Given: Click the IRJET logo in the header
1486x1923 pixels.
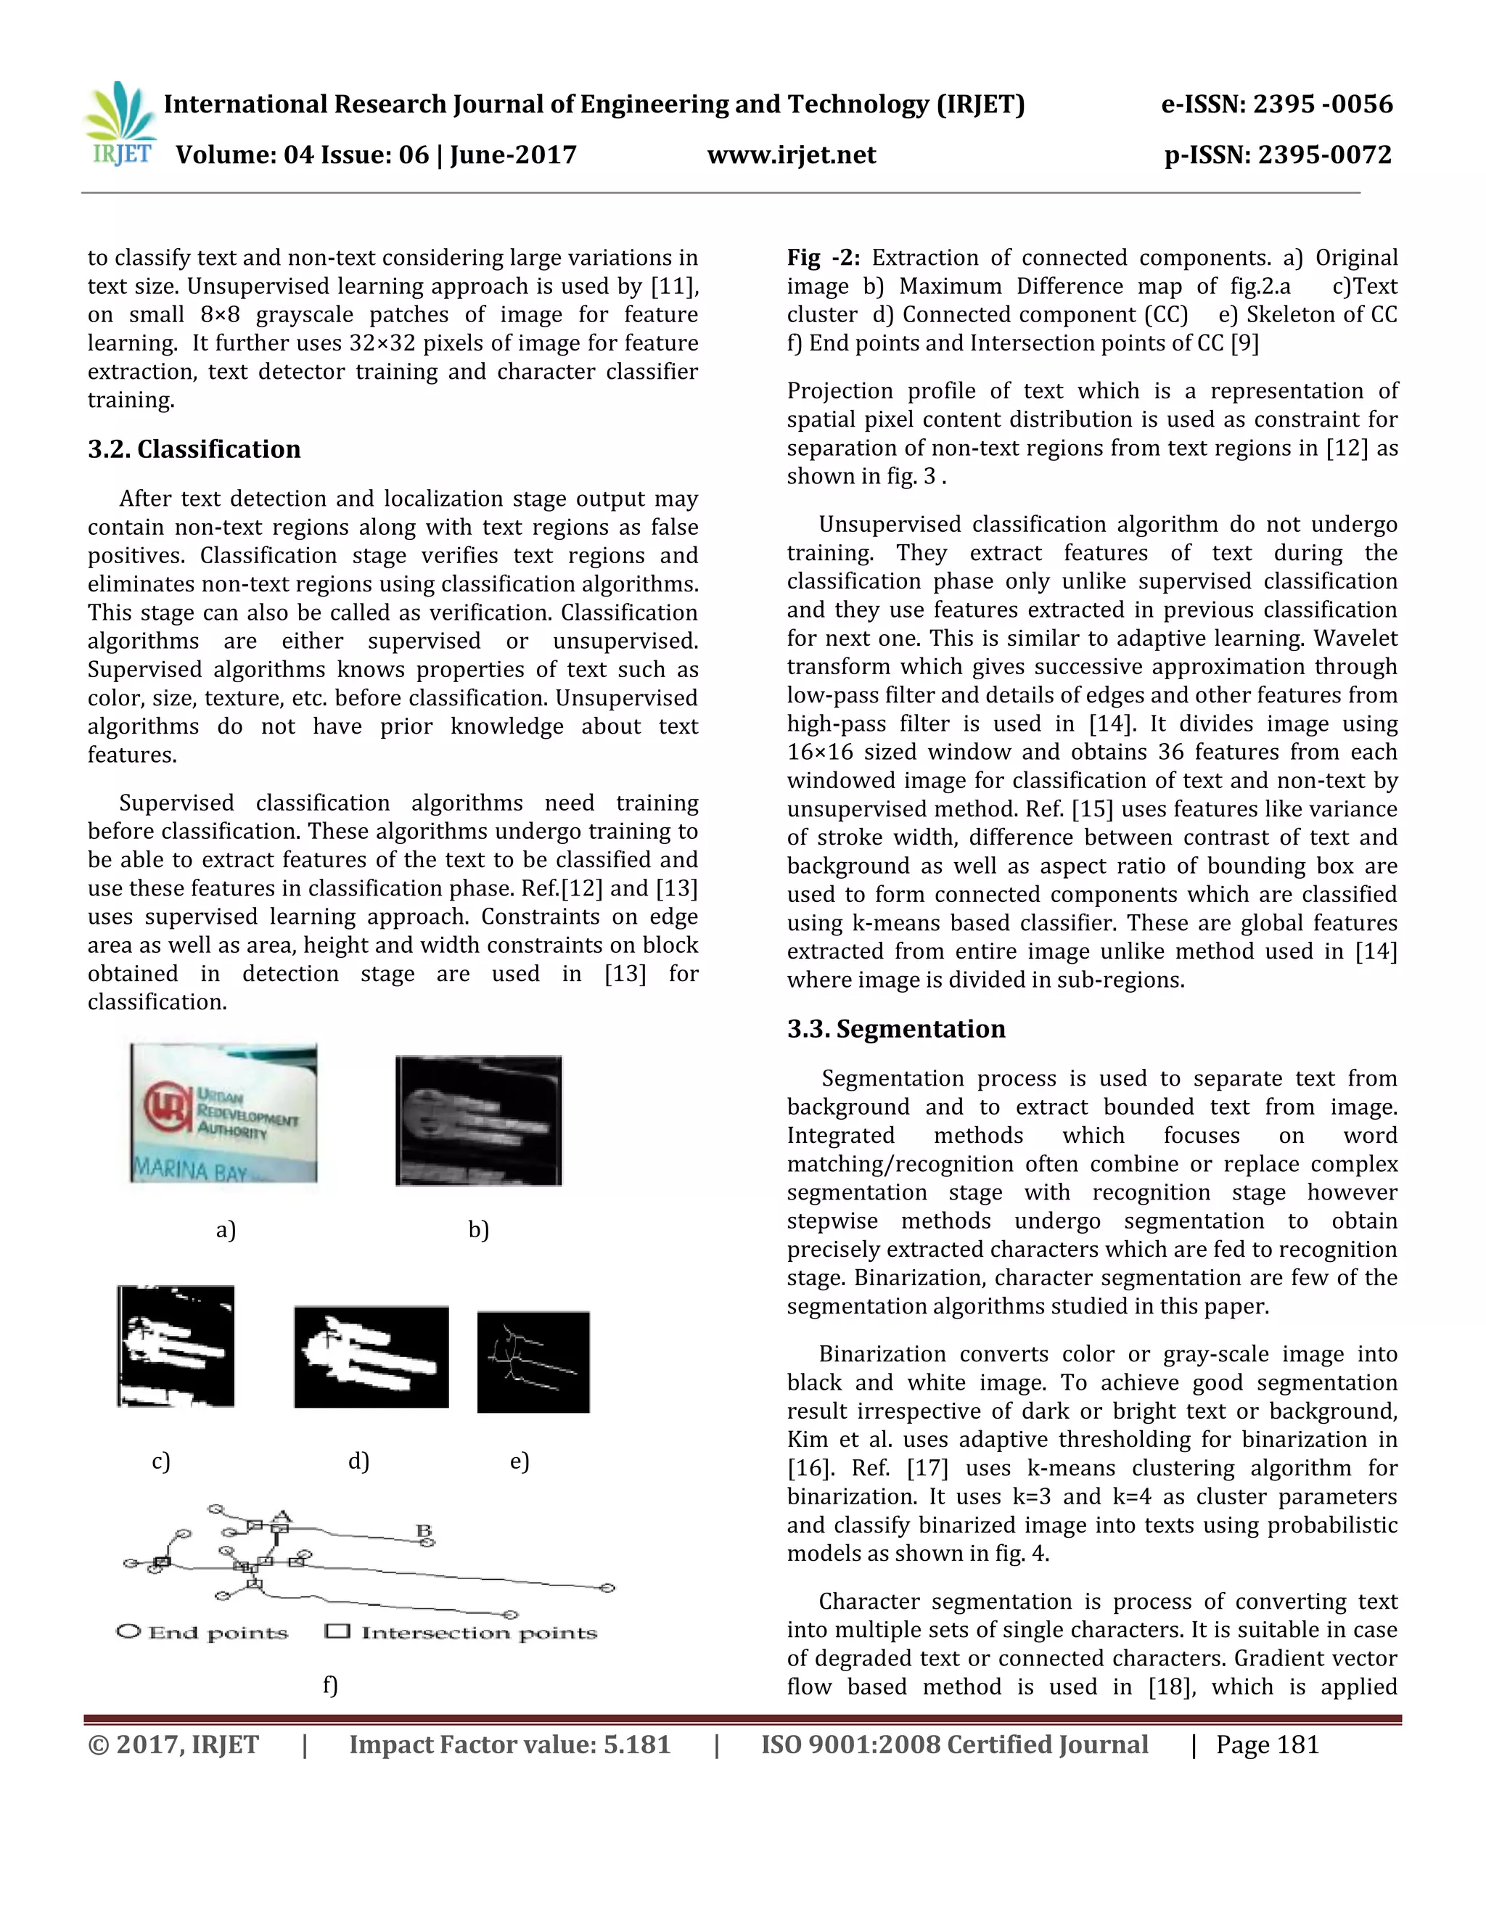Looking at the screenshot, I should pyautogui.click(x=120, y=125).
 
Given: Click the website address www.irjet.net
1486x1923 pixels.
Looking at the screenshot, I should pyautogui.click(x=792, y=155).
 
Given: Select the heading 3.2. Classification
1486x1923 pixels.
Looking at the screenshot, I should pyautogui.click(x=194, y=449).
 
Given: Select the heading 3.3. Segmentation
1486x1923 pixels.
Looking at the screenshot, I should pyautogui.click(x=895, y=1028).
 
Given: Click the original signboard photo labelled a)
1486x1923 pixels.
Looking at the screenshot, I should pyautogui.click(x=223, y=1113).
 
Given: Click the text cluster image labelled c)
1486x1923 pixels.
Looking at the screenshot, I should pyautogui.click(x=176, y=1345).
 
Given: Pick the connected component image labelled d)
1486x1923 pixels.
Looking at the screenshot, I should pyautogui.click(x=371, y=1356).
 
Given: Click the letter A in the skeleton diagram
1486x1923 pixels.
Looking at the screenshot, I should pyautogui.click(x=281, y=1515).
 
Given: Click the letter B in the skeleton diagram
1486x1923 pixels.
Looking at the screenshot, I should pyautogui.click(x=424, y=1530).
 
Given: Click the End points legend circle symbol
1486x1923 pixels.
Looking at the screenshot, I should pyautogui.click(x=128, y=1631).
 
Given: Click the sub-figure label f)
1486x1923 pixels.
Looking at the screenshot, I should pyautogui.click(x=330, y=1684).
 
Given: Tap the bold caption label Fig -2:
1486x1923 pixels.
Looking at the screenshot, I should pyautogui.click(x=822, y=258).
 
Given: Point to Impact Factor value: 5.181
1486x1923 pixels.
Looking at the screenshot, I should pyautogui.click(x=509, y=1744).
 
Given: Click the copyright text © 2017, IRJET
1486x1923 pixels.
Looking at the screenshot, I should pyautogui.click(x=173, y=1744).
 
